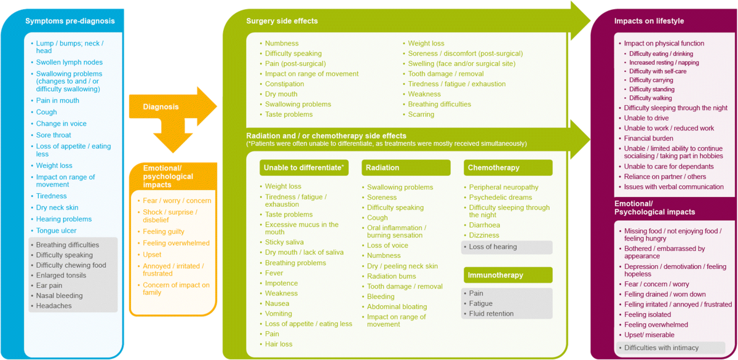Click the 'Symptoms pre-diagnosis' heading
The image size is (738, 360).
[x=69, y=21]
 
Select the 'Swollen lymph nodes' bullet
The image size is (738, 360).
[x=69, y=62]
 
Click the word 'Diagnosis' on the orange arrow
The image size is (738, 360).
[x=161, y=107]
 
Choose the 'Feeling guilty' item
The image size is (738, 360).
[x=163, y=231]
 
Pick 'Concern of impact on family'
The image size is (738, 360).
[x=176, y=289]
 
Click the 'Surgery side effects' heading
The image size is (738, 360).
[x=282, y=21]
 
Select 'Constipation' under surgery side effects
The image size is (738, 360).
[x=284, y=84]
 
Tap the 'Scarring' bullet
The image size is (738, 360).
[x=421, y=114]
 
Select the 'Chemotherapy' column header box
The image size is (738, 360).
[x=508, y=167]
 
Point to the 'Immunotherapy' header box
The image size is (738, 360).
[x=508, y=275]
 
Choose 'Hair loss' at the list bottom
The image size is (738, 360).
[x=279, y=344]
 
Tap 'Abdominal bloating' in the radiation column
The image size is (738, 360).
[x=397, y=306]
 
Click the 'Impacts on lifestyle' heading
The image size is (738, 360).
[x=649, y=21]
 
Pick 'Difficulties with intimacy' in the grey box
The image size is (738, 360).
[x=661, y=348]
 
